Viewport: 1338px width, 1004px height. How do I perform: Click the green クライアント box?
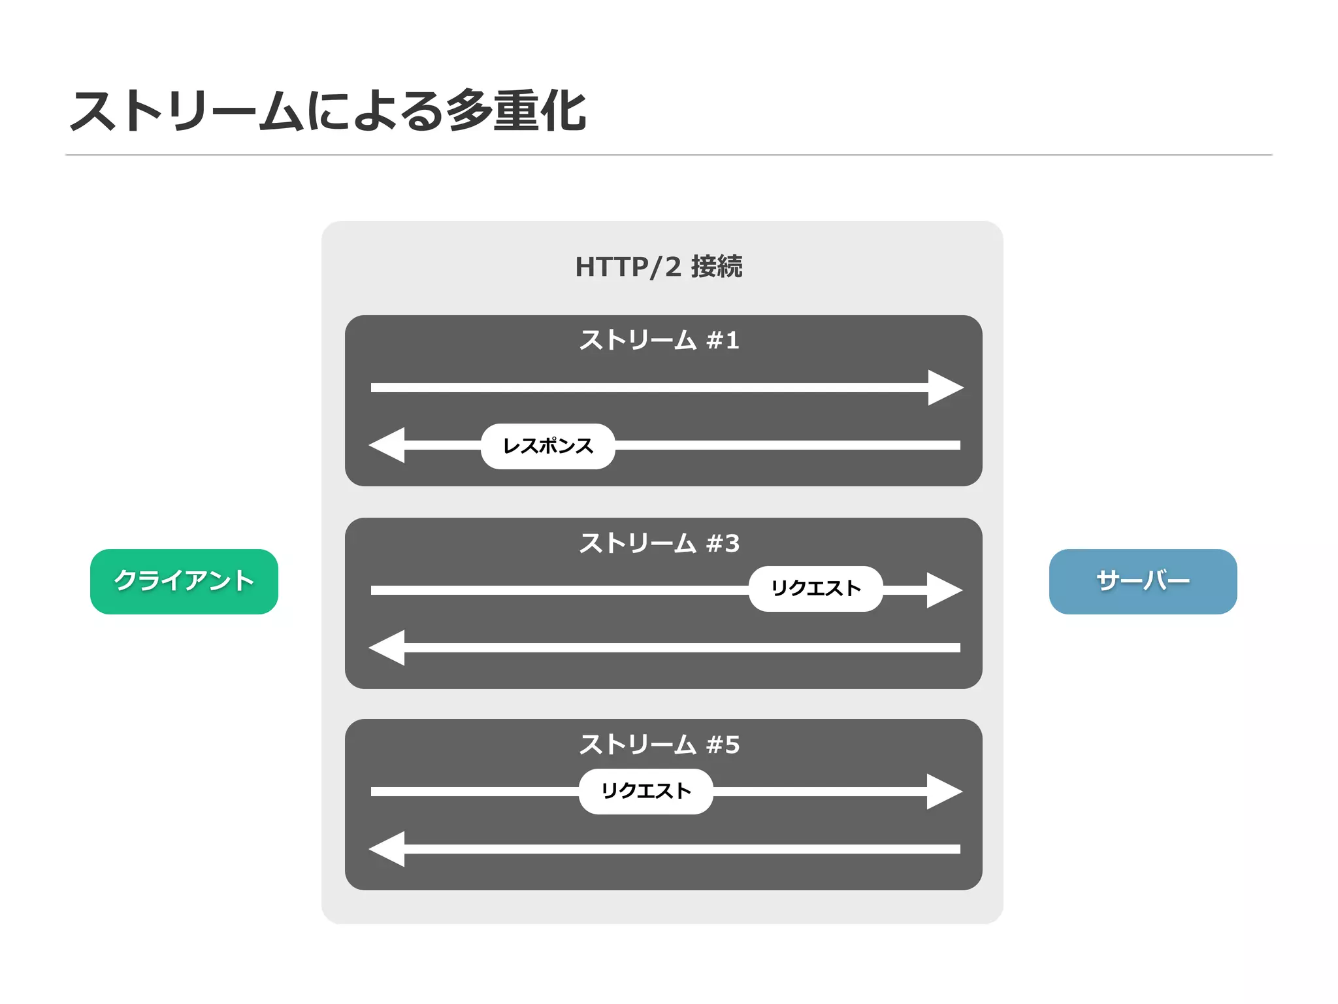click(184, 581)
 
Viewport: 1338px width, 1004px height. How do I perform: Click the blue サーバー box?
click(1143, 581)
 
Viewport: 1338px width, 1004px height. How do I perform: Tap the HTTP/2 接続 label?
click(659, 267)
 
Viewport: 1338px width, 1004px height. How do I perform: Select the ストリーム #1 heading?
click(659, 340)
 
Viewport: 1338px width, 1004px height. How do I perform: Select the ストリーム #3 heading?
click(659, 543)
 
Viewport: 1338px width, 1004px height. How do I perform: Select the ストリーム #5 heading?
click(659, 745)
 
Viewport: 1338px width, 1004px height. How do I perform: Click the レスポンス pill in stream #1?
click(547, 446)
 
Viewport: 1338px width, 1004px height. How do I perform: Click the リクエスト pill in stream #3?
click(815, 588)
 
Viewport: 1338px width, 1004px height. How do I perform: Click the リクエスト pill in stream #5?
click(645, 791)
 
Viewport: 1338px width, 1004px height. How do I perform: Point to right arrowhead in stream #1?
click(944, 388)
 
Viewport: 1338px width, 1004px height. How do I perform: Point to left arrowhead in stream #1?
click(388, 445)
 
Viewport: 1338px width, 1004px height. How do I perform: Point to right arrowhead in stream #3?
click(943, 590)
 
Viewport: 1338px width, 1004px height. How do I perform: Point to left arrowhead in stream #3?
click(388, 648)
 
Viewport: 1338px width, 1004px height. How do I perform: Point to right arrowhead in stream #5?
click(943, 792)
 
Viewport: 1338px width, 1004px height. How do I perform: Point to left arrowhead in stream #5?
click(388, 849)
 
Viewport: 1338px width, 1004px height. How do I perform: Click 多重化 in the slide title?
click(516, 111)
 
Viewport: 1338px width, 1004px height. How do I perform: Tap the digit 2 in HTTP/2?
click(673, 267)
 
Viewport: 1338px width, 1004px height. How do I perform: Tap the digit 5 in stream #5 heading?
click(732, 745)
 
